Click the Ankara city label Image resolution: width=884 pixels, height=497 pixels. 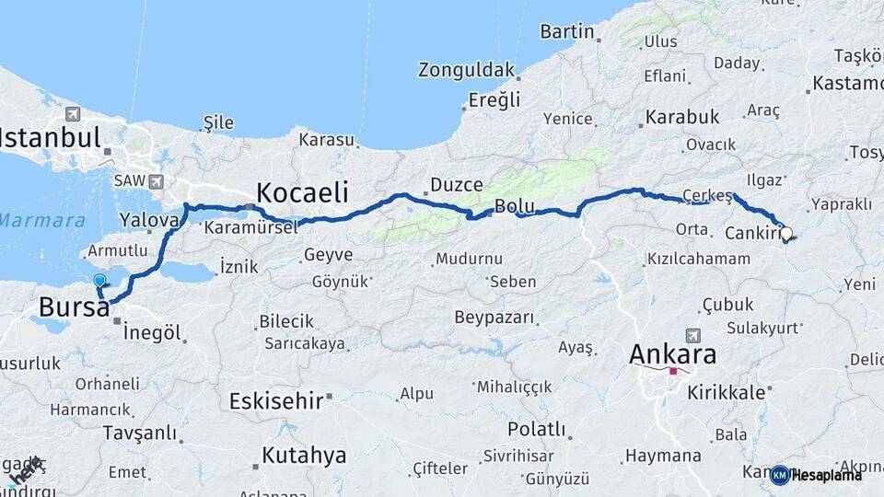pos(672,354)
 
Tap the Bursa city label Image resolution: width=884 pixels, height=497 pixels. pos(75,307)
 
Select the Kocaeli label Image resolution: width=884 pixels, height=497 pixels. pos(302,192)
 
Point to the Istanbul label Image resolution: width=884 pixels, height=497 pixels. pos(50,139)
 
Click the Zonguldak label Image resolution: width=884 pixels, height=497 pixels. pos(466,70)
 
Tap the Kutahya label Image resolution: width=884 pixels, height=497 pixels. pos(304,455)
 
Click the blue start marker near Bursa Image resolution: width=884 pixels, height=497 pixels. pos(99,282)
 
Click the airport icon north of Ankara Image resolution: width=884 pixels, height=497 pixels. pos(692,336)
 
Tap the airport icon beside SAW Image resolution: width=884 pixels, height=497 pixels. pos(156,182)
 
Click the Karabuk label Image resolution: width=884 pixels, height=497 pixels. pos(681,117)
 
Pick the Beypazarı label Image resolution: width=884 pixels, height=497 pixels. pos(494,318)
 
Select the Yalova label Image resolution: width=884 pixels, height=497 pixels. pos(148,221)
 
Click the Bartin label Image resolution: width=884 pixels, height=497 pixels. pos(567,31)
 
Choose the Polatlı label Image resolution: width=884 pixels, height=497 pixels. pos(537,429)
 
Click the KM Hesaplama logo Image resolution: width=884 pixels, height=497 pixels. pos(817,475)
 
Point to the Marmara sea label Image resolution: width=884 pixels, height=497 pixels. pos(42,221)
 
